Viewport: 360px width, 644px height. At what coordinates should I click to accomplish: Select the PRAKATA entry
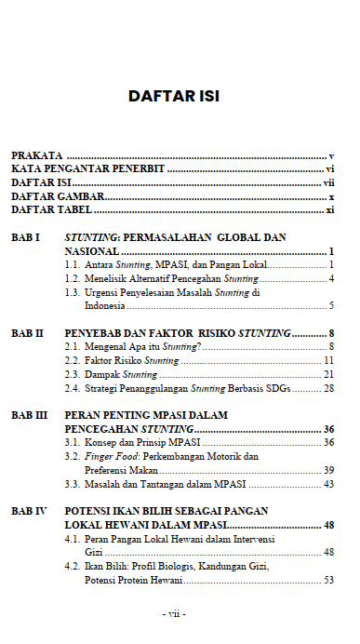point(36,155)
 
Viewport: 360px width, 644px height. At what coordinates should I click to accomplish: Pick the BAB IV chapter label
point(29,511)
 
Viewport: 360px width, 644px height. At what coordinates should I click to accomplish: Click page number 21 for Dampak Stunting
point(328,374)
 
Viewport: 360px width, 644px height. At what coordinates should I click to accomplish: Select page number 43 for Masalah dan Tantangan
point(328,484)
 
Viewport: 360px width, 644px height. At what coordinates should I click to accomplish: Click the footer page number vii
point(174,614)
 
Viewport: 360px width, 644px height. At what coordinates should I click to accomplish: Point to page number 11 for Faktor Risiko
point(328,360)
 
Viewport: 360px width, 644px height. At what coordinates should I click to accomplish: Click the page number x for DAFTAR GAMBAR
point(331,197)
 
